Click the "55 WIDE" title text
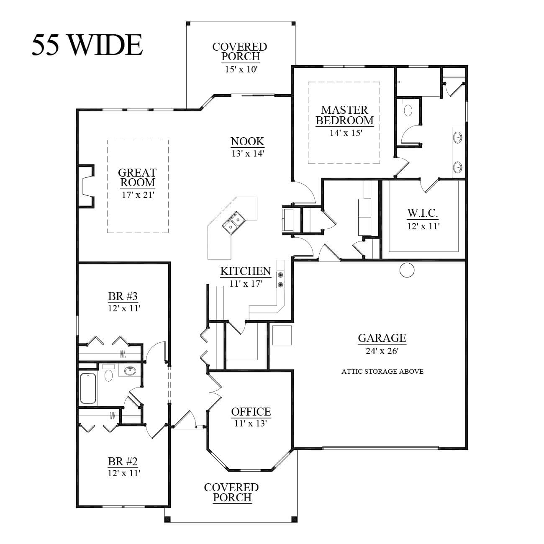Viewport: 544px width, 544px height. [87, 45]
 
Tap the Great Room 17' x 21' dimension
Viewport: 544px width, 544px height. [138, 195]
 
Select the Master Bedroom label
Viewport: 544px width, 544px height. [345, 115]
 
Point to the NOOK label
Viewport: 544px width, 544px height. [247, 141]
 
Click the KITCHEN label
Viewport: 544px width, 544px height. [246, 271]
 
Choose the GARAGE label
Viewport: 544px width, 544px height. [382, 338]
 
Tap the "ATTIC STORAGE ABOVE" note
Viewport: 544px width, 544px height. [382, 372]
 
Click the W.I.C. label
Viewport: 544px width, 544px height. [422, 213]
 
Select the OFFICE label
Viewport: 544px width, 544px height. [251, 412]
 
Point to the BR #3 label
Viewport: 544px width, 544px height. [123, 296]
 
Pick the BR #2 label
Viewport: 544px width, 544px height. [123, 462]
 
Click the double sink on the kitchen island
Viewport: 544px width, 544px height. [234, 222]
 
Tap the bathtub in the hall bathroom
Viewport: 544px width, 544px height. [88, 388]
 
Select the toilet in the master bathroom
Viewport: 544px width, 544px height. [408, 108]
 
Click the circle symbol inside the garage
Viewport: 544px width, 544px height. [407, 270]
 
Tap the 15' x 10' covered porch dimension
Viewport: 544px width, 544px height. [241, 69]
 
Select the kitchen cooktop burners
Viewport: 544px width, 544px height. [280, 280]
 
